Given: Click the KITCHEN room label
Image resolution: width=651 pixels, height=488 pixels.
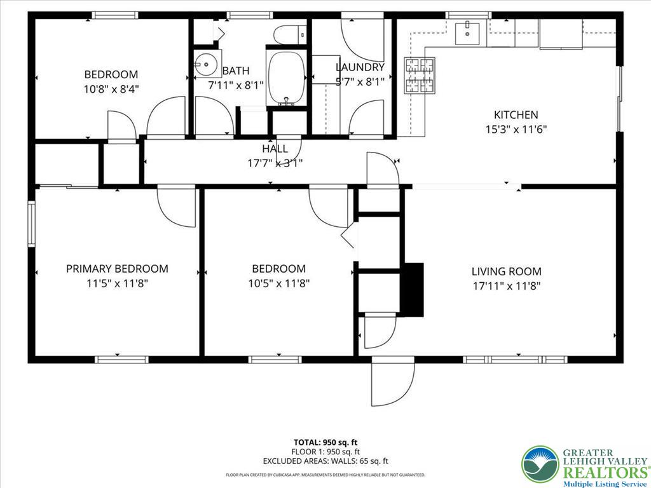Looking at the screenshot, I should (516, 115).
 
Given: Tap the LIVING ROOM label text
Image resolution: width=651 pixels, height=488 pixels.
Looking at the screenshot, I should (507, 271).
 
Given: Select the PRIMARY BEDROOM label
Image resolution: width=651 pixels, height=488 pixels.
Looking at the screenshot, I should (117, 269).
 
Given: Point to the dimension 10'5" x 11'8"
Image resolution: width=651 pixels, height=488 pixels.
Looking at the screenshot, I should (278, 283).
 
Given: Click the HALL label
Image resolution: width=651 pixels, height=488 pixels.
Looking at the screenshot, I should (275, 149).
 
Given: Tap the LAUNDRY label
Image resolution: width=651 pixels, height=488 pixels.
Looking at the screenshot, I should (360, 67).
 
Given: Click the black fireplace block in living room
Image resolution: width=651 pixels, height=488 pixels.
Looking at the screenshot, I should (414, 289).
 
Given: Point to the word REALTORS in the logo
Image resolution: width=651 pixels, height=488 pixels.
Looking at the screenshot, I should (601, 472).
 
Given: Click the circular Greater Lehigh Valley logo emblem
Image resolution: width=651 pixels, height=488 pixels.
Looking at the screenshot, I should (540, 463).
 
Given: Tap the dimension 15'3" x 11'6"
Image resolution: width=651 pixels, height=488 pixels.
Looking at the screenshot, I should (516, 129).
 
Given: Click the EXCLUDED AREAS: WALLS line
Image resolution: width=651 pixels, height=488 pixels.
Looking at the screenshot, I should (325, 462).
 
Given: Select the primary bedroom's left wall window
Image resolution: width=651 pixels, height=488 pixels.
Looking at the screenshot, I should (31, 222).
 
